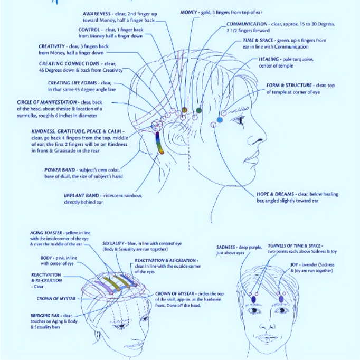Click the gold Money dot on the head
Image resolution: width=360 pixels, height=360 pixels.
click(x=184, y=110)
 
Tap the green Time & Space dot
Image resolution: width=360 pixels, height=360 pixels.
click(x=198, y=110)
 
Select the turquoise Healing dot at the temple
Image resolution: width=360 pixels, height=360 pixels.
click(x=220, y=120)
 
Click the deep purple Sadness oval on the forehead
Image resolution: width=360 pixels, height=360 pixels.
click(x=253, y=299)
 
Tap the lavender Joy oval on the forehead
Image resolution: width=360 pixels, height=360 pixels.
click(x=281, y=299)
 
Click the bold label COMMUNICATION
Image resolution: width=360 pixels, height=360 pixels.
click(x=247, y=24)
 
